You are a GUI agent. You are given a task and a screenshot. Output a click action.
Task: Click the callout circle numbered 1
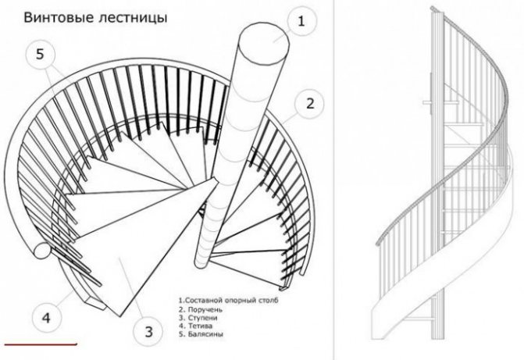tap(299, 21)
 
